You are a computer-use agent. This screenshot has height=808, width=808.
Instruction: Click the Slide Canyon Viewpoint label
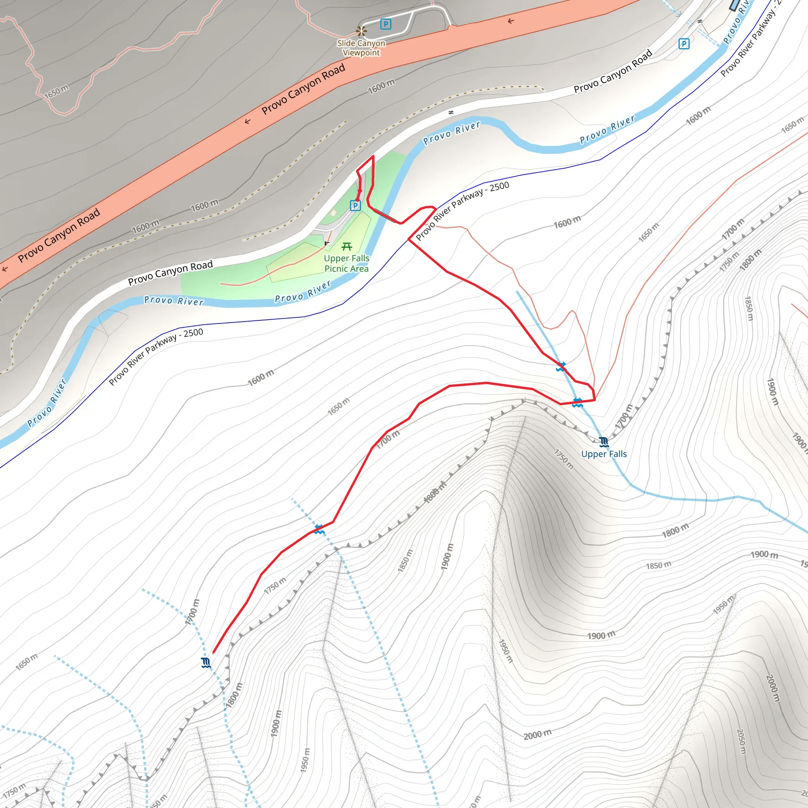click(x=361, y=48)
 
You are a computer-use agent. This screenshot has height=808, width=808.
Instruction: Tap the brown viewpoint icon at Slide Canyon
click(x=361, y=31)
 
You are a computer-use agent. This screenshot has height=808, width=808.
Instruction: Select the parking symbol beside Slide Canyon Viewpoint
click(x=385, y=24)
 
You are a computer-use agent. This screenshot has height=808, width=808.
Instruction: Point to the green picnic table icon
click(x=347, y=246)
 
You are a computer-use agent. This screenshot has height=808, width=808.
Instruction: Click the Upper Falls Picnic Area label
click(x=347, y=264)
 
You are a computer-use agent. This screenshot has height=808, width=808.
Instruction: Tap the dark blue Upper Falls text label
click(x=604, y=454)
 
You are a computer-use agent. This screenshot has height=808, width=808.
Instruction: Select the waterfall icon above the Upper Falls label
click(x=604, y=442)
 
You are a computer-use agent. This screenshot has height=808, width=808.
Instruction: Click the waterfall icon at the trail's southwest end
click(x=206, y=662)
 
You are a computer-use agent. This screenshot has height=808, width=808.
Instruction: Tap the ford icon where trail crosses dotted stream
click(x=320, y=529)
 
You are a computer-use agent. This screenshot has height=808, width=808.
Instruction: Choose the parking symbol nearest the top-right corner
click(x=684, y=43)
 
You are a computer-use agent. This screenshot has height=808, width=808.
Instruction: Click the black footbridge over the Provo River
click(x=385, y=215)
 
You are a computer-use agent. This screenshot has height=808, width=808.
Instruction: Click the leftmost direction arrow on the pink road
click(x=5, y=269)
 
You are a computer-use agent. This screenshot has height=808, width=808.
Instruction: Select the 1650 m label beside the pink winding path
click(x=56, y=92)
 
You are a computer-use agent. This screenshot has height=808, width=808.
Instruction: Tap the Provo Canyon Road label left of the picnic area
click(x=170, y=273)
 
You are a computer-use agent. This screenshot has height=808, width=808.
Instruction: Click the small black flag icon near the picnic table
click(x=327, y=243)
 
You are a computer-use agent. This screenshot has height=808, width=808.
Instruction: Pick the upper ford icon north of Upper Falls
click(x=561, y=367)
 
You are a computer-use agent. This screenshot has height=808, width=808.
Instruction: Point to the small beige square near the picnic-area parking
click(x=333, y=213)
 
